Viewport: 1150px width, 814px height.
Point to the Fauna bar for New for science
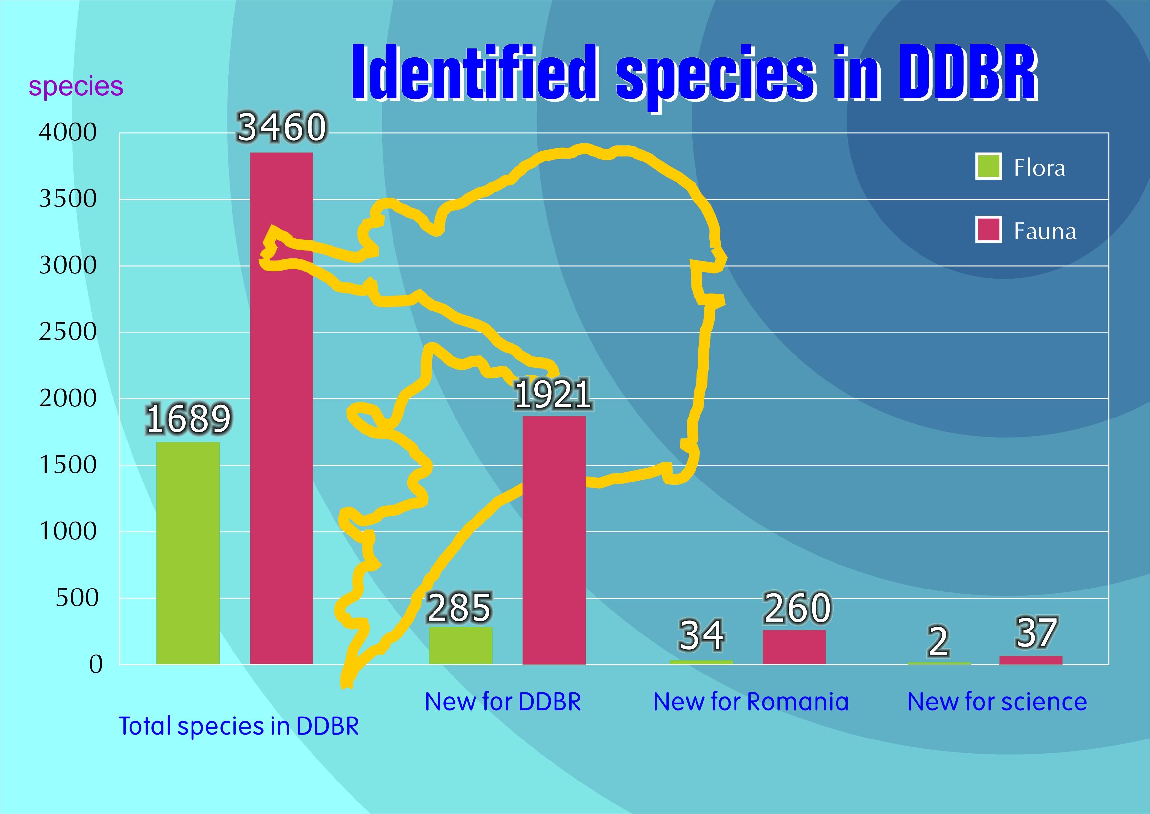[1031, 660]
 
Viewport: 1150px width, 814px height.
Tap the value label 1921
[553, 395]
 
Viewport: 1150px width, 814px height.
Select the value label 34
[701, 635]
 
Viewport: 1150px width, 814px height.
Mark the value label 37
[1036, 632]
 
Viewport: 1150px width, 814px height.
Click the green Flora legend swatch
[988, 166]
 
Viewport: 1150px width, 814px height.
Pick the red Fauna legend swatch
[988, 229]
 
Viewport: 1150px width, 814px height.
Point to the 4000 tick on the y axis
[68, 133]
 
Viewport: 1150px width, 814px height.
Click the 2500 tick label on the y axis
[68, 332]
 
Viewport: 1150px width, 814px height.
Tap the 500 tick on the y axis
[77, 598]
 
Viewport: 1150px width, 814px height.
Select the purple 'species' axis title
[76, 86]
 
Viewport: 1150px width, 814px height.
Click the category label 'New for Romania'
[751, 702]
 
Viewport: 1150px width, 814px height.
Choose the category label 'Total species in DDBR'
[238, 726]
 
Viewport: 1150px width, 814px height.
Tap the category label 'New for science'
[997, 702]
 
